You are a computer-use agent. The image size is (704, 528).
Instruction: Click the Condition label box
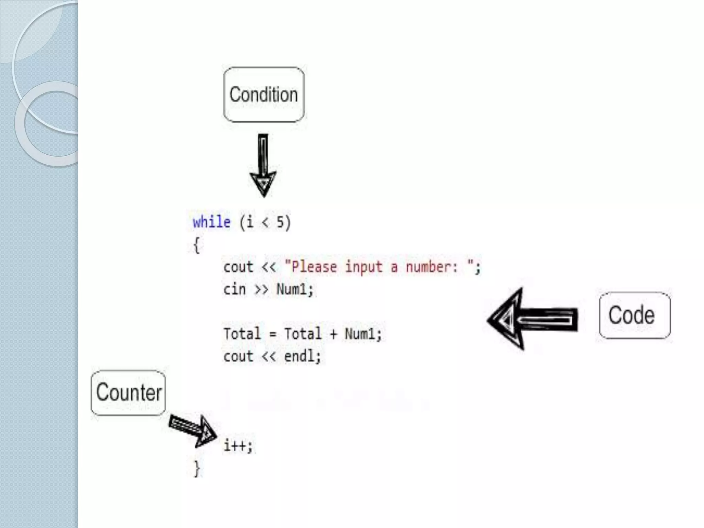(x=264, y=95)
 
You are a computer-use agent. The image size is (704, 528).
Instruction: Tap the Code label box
(x=635, y=315)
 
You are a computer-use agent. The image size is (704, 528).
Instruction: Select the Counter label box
(x=128, y=393)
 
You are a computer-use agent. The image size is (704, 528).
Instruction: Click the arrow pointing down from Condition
(x=263, y=165)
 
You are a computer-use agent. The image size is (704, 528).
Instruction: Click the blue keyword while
(x=211, y=222)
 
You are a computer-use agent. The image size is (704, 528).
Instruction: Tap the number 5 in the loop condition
(x=280, y=222)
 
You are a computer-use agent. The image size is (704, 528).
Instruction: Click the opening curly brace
(x=197, y=245)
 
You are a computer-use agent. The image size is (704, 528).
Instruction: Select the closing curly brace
(x=197, y=468)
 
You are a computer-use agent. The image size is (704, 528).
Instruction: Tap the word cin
(x=235, y=289)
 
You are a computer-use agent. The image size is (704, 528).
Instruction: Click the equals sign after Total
(x=273, y=334)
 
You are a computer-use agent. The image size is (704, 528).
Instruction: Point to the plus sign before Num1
(x=333, y=334)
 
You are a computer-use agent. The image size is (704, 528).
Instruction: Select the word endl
(x=299, y=356)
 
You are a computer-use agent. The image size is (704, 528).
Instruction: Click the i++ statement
(x=238, y=446)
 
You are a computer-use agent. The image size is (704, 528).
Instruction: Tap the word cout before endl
(x=238, y=356)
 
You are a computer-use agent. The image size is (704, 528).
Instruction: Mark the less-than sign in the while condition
(x=265, y=222)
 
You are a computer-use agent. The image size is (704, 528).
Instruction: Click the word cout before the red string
(x=238, y=267)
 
